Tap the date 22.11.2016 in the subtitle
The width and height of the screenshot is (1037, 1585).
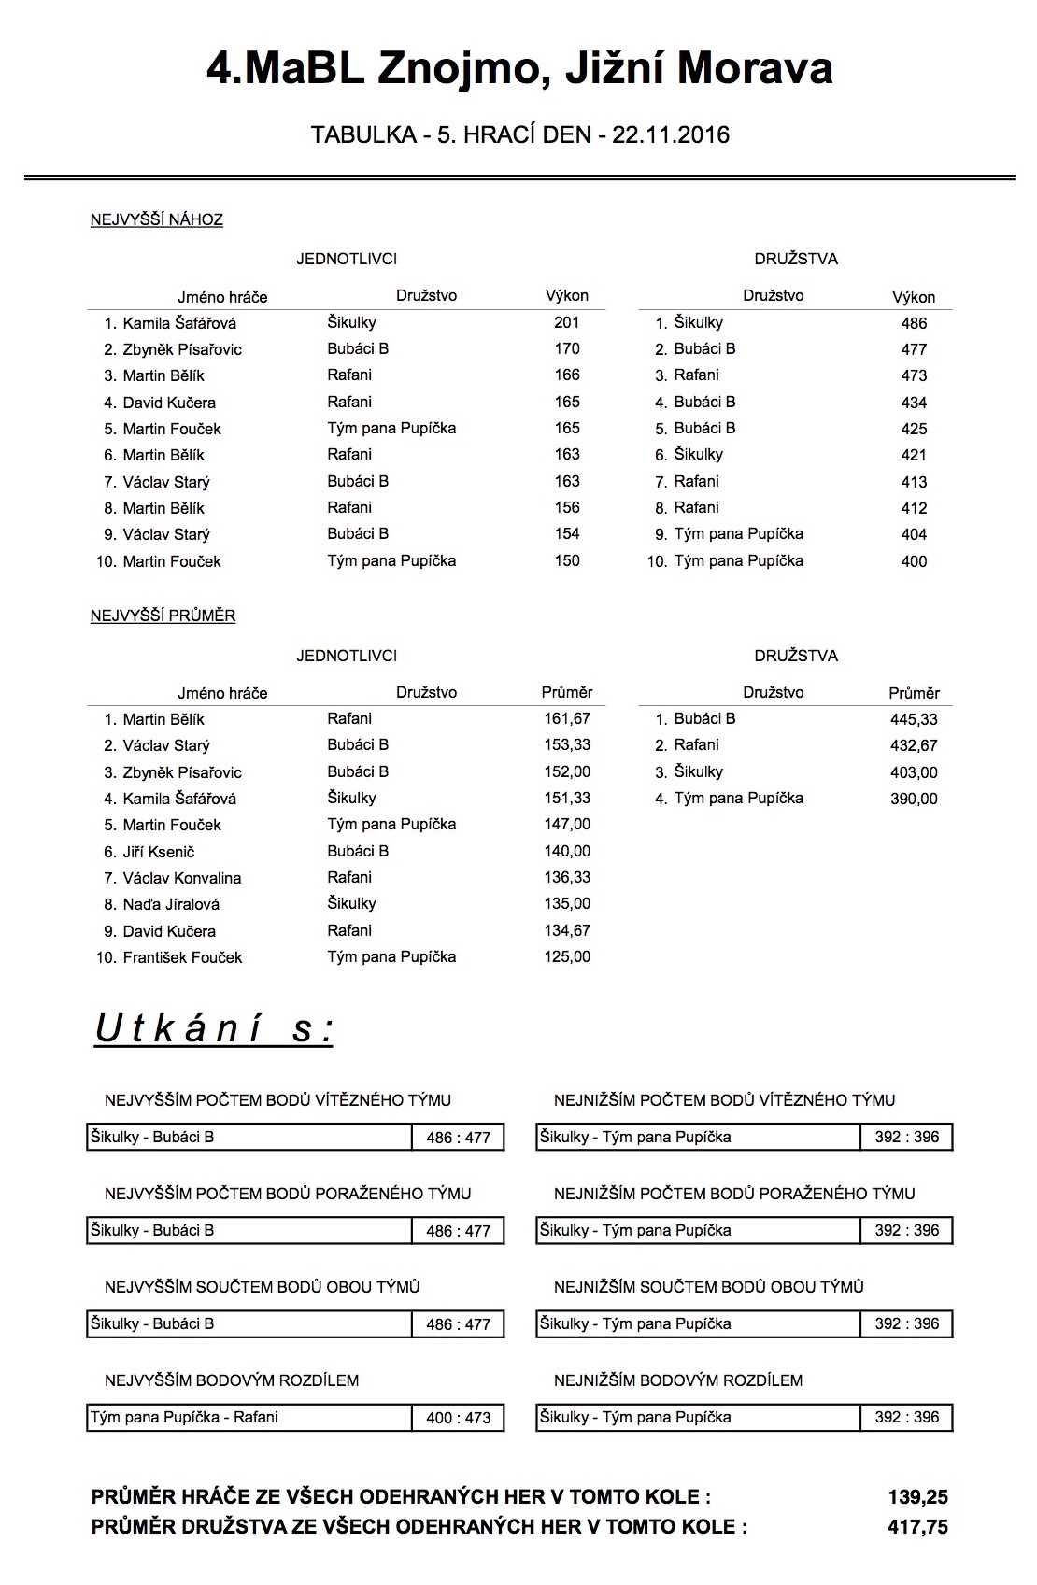670,135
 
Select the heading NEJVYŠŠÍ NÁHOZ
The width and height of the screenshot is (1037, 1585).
156,220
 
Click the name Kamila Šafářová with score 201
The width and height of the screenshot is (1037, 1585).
179,323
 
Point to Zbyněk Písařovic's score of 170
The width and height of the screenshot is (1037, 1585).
567,349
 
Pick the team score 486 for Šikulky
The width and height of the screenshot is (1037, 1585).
914,323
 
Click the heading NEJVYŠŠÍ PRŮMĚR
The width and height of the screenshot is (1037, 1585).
163,616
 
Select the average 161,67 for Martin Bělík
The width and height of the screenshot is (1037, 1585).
567,719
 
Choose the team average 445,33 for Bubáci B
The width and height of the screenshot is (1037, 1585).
914,719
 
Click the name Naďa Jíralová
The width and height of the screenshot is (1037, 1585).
171,904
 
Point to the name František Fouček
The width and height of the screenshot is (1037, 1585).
182,957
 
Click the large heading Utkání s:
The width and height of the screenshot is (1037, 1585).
214,1028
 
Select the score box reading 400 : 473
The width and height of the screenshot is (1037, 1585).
458,1418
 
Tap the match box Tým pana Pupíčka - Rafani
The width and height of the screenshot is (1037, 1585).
184,1417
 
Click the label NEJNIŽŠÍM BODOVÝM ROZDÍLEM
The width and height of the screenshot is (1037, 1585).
678,1380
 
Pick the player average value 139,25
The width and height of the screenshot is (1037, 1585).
917,1497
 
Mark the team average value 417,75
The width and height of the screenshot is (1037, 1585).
917,1527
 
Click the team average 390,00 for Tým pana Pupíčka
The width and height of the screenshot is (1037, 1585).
914,799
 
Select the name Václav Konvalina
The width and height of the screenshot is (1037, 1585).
182,878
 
